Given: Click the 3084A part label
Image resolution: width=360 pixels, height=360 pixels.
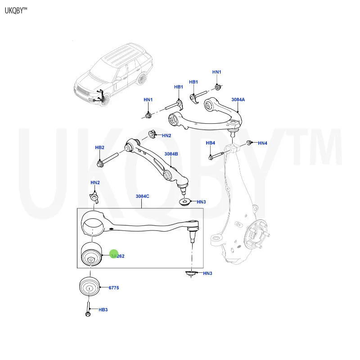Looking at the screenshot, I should (238, 99).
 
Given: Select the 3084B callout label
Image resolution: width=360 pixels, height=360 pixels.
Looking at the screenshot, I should (171, 154).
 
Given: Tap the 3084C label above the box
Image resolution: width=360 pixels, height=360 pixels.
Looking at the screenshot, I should (142, 196).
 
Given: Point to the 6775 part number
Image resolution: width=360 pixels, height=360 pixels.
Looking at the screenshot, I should (113, 288).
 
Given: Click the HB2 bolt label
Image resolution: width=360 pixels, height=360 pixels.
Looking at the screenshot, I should (99, 148).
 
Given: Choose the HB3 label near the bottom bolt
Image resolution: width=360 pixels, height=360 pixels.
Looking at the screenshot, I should (103, 310).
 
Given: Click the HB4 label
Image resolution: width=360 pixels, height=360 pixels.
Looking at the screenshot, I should (211, 143).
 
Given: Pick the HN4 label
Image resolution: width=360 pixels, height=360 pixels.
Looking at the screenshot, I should (262, 143).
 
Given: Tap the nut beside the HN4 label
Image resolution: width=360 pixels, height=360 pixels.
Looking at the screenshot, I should (249, 143).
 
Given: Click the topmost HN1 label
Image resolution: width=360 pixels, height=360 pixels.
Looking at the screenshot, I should (217, 72).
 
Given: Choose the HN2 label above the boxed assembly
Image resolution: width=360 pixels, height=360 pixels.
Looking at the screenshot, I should (95, 182).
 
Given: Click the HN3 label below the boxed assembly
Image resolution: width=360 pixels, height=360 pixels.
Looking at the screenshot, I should (207, 274).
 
